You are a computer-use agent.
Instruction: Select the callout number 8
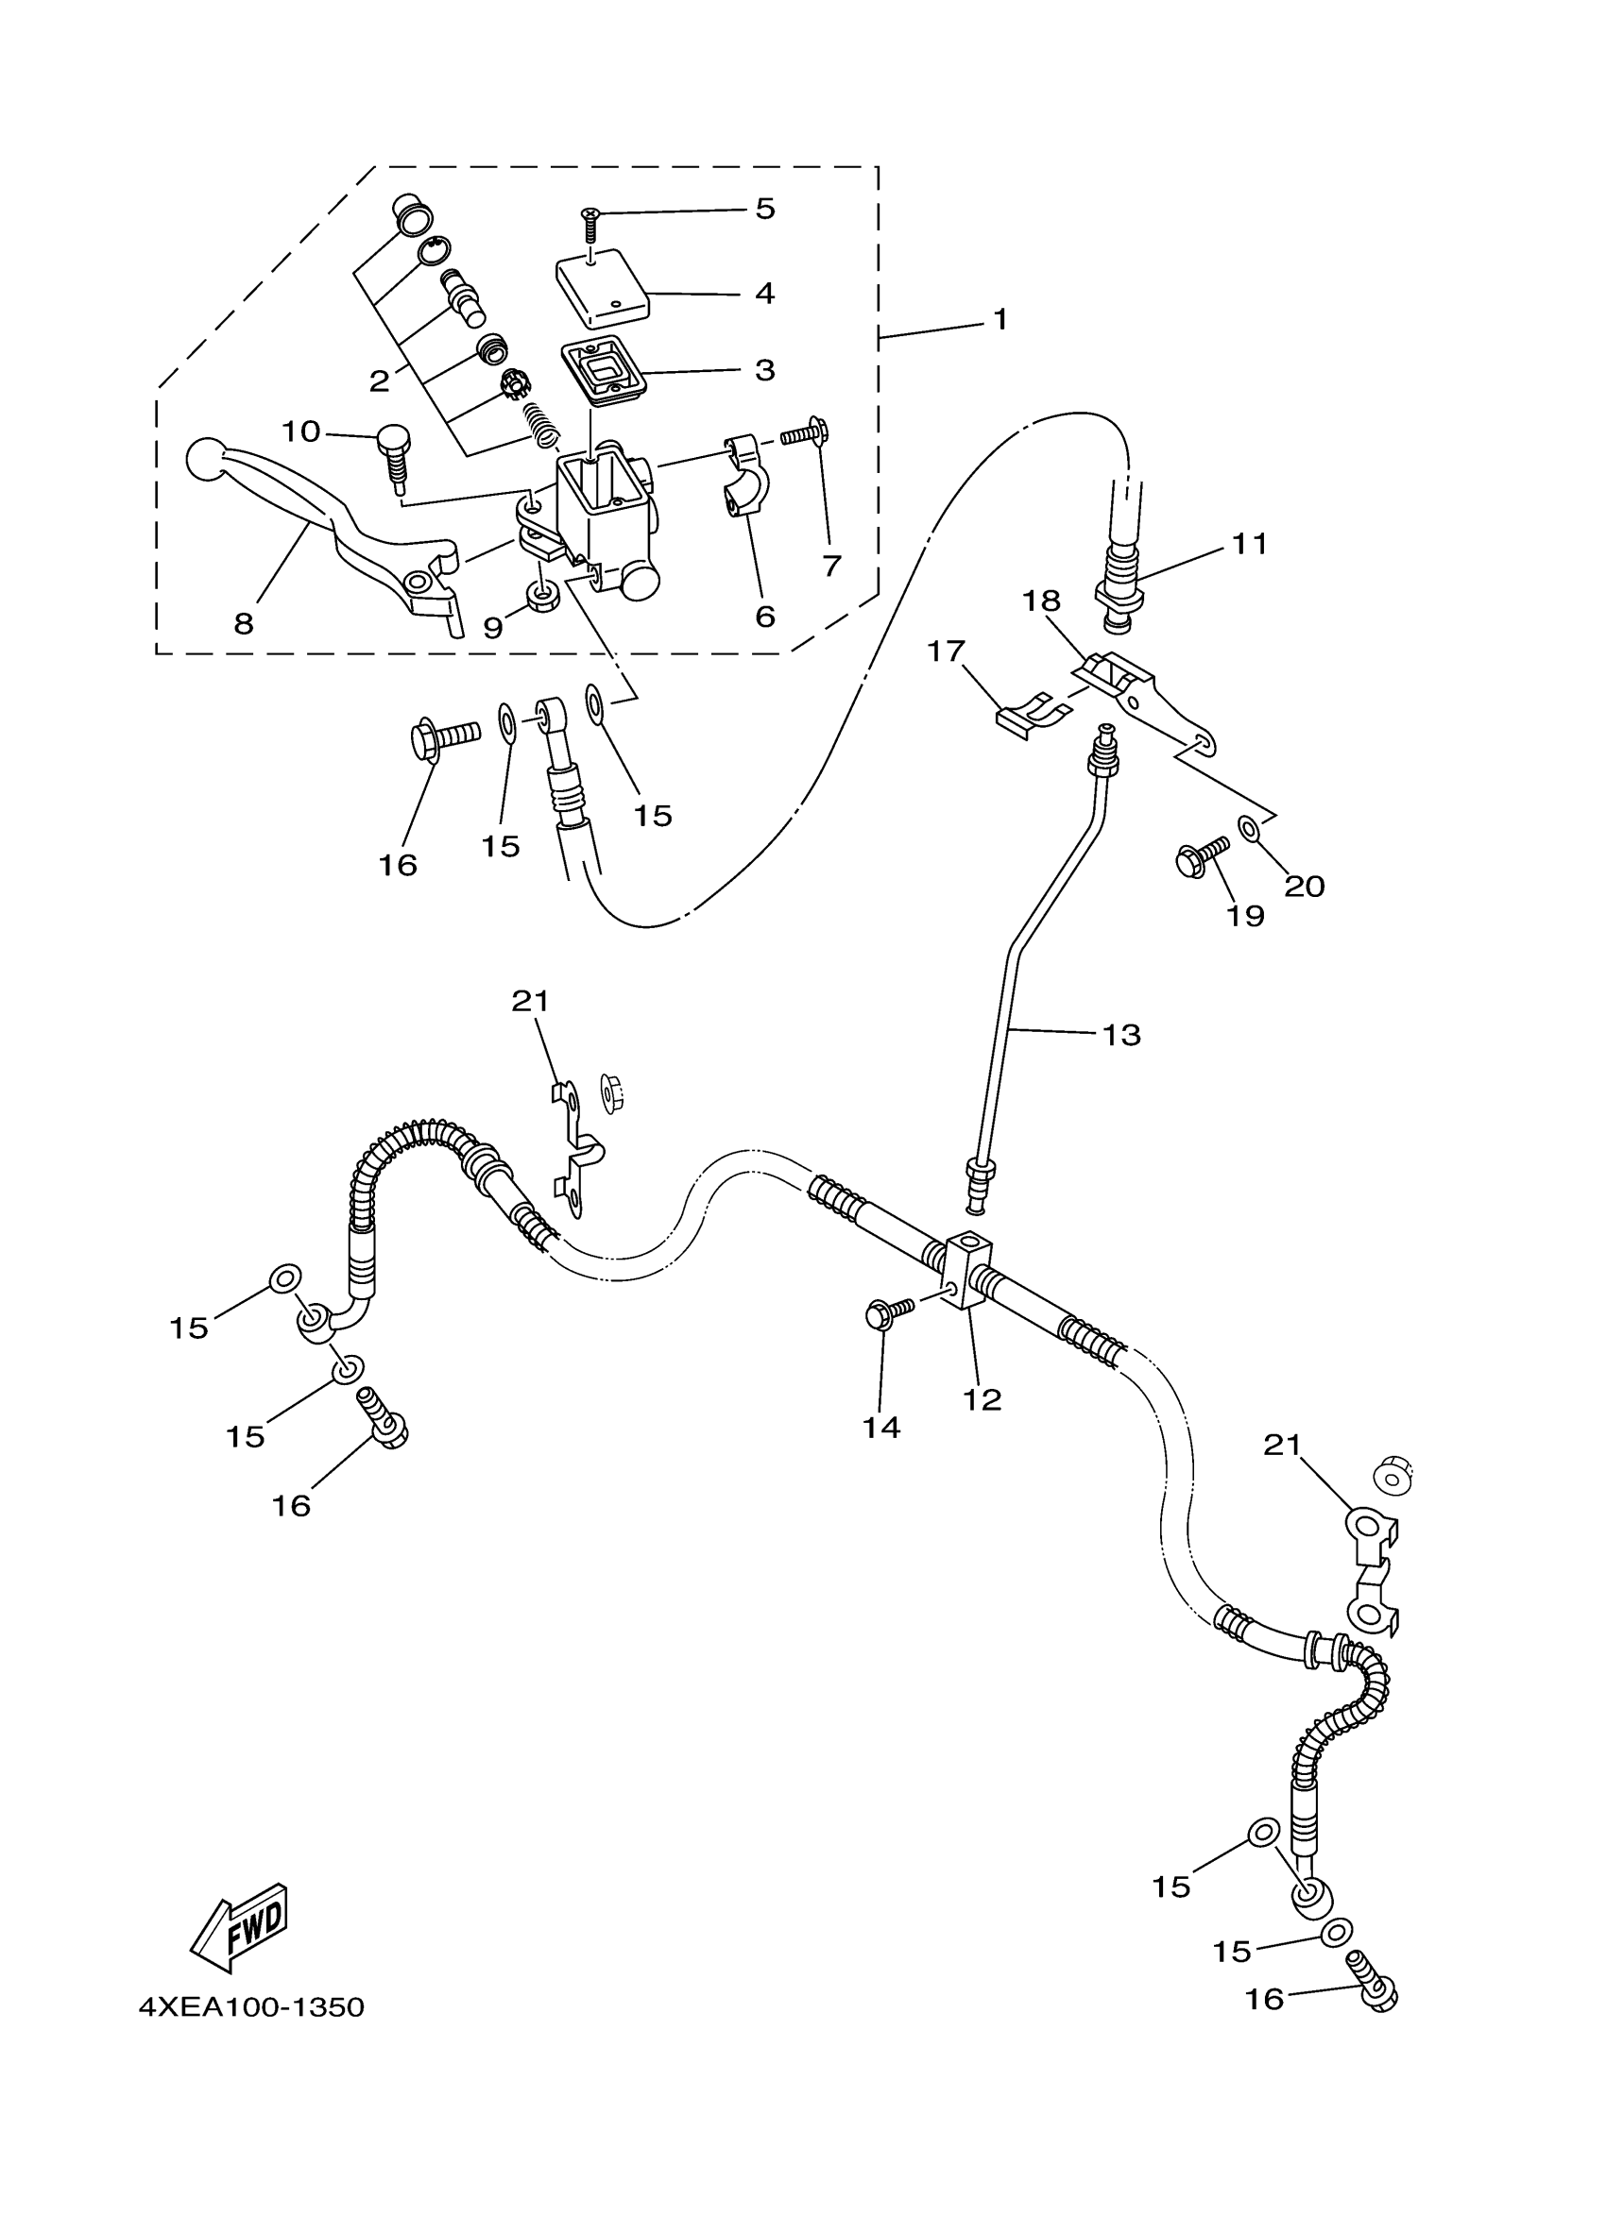tap(244, 623)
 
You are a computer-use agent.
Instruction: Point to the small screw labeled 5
tap(590, 224)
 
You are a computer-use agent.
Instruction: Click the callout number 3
tap(764, 370)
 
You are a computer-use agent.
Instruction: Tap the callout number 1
tap(999, 319)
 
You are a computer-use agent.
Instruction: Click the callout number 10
tap(301, 431)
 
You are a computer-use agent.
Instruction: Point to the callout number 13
tap(1121, 1035)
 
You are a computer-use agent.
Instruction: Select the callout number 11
tap(1248, 543)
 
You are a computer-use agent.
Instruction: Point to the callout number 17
tap(946, 651)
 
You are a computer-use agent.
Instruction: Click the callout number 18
tap(1041, 601)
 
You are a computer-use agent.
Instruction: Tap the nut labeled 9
tap(541, 596)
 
